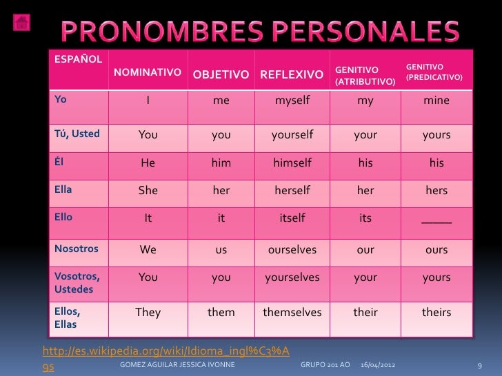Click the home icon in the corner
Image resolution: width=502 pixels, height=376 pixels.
(21, 21)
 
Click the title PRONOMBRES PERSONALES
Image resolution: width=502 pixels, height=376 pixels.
(263, 30)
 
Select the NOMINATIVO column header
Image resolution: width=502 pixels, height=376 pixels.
(148, 72)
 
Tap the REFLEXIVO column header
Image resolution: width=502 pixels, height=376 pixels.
(292, 74)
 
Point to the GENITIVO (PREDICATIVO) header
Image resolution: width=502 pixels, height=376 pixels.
(434, 71)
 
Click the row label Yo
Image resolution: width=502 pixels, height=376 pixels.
(61, 99)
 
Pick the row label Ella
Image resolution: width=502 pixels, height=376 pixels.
(64, 187)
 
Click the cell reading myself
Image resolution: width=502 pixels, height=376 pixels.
(292, 101)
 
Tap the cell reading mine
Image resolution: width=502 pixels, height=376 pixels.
(436, 101)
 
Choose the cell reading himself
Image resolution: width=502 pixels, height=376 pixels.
(292, 163)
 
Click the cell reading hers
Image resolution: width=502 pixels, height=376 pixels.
(436, 191)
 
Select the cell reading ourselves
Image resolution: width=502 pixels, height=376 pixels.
(292, 250)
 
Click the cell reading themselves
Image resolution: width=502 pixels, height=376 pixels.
(292, 312)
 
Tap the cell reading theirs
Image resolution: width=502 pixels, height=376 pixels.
(436, 312)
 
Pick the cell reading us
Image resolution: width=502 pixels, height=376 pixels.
(221, 250)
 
